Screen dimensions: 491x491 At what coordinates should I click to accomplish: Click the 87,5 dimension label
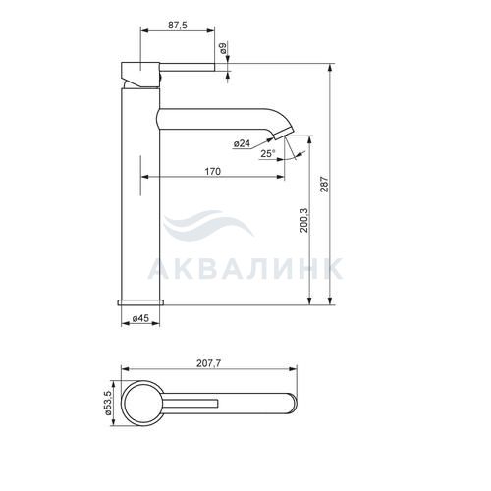178,26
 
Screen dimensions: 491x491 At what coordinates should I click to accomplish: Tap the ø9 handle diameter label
223,48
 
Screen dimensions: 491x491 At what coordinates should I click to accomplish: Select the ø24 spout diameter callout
242,143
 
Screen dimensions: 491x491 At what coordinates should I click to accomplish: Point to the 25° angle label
268,153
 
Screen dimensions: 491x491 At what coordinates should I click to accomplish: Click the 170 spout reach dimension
213,171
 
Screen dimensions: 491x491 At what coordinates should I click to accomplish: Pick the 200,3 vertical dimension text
304,220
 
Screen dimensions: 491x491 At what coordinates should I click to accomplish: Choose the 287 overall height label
324,184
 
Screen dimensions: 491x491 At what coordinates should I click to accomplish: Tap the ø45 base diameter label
140,318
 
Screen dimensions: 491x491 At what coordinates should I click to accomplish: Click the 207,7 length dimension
209,363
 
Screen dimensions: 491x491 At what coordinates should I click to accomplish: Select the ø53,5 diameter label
108,404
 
